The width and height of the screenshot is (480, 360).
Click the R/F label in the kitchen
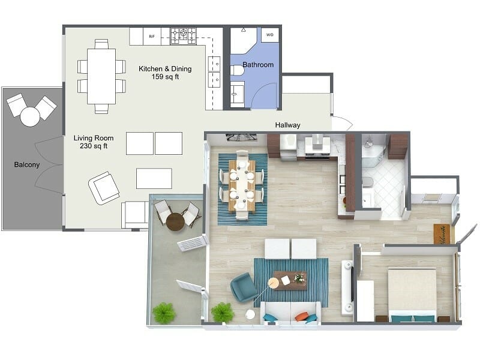pyautogui.click(x=151, y=36)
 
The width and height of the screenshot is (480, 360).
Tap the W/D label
pyautogui.click(x=269, y=35)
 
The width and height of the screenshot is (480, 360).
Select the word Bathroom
pyautogui.click(x=258, y=65)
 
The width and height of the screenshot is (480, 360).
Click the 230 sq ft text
pyautogui.click(x=91, y=146)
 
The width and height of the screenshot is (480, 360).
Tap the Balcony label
pyautogui.click(x=27, y=164)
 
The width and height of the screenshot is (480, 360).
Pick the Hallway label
pyautogui.click(x=287, y=125)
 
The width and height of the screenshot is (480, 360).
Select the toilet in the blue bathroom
pyautogui.click(x=237, y=71)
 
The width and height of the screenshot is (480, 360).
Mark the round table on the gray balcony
pyautogui.click(x=30, y=116)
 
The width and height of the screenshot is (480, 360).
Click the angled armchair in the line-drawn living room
pyautogui.click(x=104, y=187)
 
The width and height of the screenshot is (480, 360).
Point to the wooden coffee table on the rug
pyautogui.click(x=290, y=280)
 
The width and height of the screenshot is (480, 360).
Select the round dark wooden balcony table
pyautogui.click(x=175, y=222)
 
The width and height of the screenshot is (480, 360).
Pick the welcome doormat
pyautogui.click(x=442, y=233)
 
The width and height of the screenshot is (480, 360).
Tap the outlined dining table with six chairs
pyautogui.click(x=101, y=76)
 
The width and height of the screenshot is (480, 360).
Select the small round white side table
pyautogui.click(x=250, y=314)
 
